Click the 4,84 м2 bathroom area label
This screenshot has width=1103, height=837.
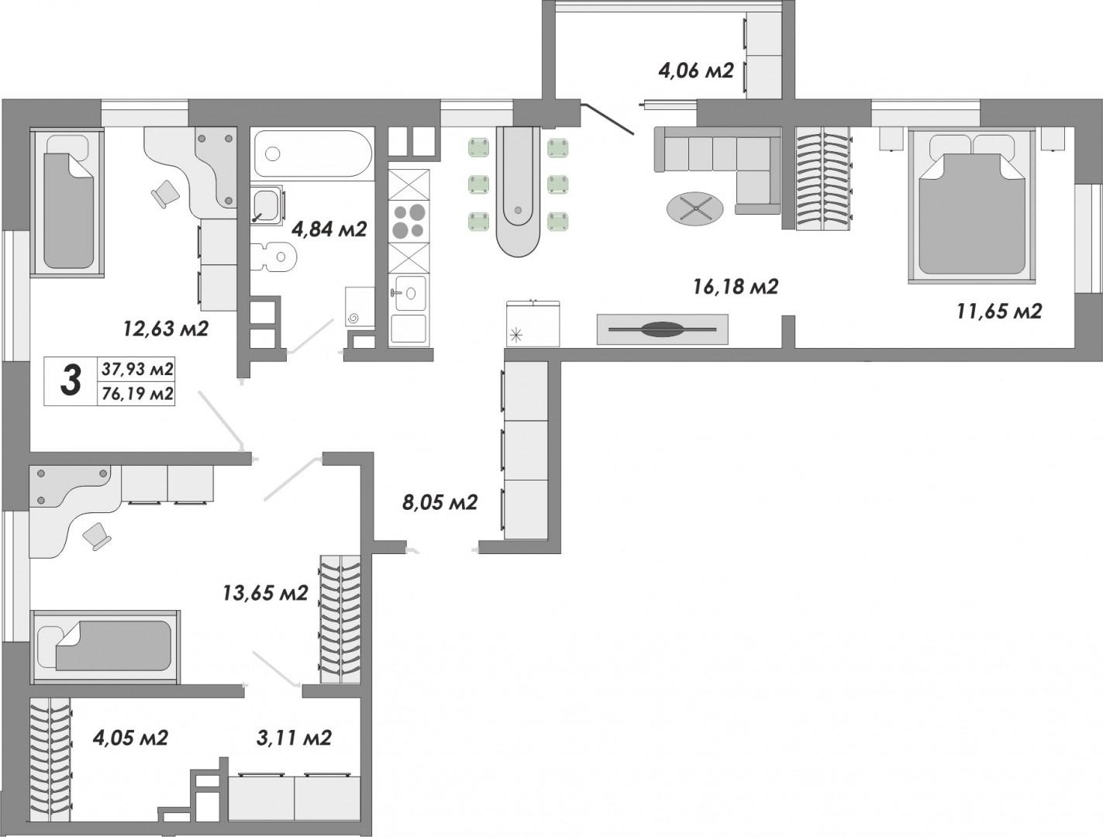point(329,229)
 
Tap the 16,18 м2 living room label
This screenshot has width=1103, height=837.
point(736,287)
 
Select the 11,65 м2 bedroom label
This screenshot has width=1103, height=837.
point(999,312)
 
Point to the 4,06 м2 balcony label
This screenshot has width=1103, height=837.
point(696,71)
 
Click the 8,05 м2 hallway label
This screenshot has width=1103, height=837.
point(439,502)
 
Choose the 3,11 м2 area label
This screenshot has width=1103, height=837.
point(294,738)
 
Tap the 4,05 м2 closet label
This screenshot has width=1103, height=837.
point(130,738)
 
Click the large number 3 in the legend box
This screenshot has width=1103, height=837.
point(71,381)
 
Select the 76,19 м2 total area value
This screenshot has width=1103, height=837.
point(137,394)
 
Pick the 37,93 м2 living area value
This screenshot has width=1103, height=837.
point(137,369)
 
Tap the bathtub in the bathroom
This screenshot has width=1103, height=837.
point(312,153)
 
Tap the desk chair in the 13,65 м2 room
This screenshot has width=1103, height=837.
point(96,536)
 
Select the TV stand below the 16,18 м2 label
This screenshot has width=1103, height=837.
point(662,329)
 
